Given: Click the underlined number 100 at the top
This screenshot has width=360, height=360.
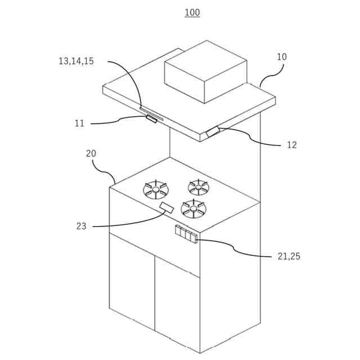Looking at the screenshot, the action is tap(192, 12).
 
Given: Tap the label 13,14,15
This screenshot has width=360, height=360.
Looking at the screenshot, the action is tap(76, 61).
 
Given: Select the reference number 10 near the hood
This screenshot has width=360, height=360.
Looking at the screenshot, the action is tap(281, 57).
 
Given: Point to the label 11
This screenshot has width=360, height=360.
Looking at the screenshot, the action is tap(79, 123).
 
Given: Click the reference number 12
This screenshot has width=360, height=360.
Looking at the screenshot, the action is tap(291, 145).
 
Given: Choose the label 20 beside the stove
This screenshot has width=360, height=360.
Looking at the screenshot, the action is tap(91, 153).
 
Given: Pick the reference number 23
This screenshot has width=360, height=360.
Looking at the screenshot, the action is tap(82, 226).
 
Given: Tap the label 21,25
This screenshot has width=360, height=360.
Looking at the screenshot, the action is tap(289, 256).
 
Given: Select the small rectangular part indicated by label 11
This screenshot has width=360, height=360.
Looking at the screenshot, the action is tap(151, 118).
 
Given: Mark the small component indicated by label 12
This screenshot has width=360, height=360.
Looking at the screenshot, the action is tap(213, 132).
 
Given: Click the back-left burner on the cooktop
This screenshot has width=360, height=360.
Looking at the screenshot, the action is tap(156, 189).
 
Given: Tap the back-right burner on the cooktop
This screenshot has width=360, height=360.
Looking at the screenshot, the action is tap(198, 186).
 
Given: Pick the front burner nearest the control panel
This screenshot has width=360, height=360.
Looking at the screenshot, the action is tap(193, 209).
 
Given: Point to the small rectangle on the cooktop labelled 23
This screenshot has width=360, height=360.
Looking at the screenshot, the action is tap(167, 208).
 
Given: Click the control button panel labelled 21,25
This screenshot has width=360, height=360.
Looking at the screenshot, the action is tap(186, 234).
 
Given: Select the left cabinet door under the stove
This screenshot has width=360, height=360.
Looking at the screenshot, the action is tap(132, 281).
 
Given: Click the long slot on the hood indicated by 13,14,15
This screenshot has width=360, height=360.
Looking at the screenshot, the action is tap(151, 114).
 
